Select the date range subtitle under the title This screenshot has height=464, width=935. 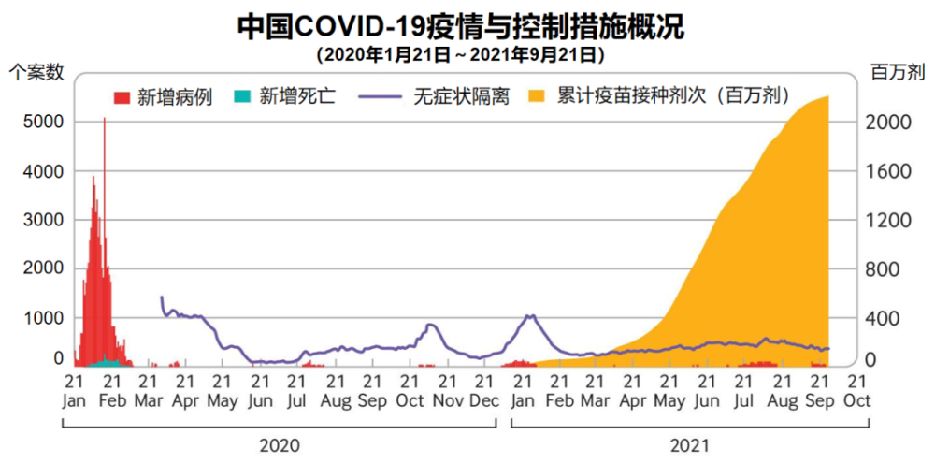pyautogui.click(x=460, y=54)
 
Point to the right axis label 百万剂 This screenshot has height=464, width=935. pyautogui.click(x=898, y=71)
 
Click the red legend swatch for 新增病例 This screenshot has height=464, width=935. pyautogui.click(x=122, y=96)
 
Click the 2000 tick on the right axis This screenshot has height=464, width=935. pyautogui.click(x=889, y=123)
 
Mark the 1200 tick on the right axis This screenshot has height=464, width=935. pyautogui.click(x=889, y=220)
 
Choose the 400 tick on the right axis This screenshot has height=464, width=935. pyautogui.click(x=889, y=318)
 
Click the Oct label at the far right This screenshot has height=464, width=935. pyautogui.click(x=856, y=399)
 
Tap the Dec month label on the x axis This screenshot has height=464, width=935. pyautogui.click(x=483, y=399)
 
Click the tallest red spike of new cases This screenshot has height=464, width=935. pyautogui.click(x=104, y=122)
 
